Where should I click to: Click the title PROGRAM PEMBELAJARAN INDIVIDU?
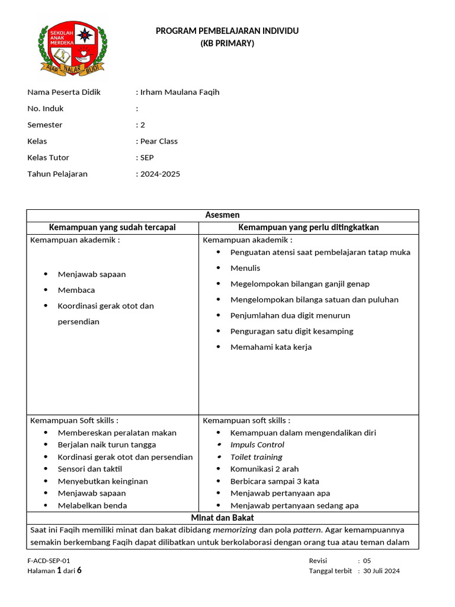[x=227, y=31]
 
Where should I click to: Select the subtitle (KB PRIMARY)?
[x=227, y=43]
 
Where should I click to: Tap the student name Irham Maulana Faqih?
[x=180, y=92]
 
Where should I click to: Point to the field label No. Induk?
[x=46, y=108]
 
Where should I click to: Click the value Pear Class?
[x=159, y=141]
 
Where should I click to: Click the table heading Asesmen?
[x=222, y=215]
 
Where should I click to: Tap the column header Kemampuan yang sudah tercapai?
[x=112, y=228]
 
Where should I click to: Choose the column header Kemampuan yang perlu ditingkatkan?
[x=308, y=228]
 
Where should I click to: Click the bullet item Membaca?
[x=76, y=290]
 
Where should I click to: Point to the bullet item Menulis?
[x=245, y=268]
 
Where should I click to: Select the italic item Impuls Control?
[x=257, y=445]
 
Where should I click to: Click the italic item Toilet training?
[x=256, y=457]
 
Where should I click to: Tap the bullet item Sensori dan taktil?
[x=89, y=469]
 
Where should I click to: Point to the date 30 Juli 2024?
[x=382, y=571]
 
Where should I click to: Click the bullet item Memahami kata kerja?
[x=271, y=347]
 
